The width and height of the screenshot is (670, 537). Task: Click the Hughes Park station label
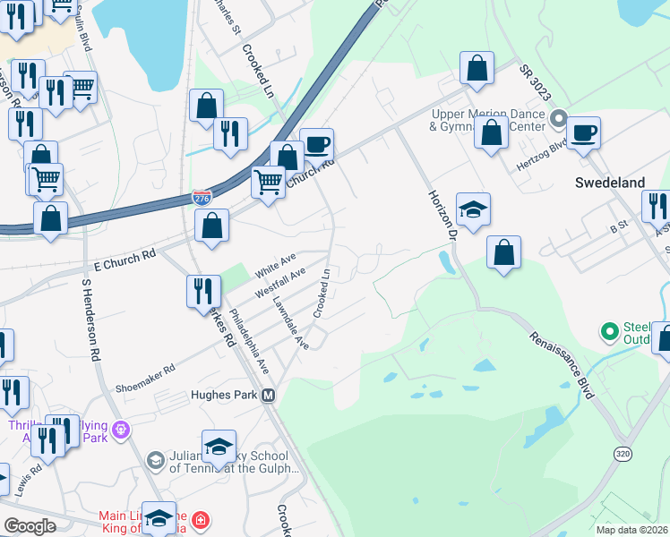pyautogui.click(x=224, y=395)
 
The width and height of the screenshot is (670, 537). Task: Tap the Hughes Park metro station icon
pyautogui.click(x=268, y=396)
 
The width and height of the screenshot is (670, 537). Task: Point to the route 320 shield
pyautogui.click(x=623, y=454)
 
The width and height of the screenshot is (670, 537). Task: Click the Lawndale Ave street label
pyautogui.click(x=290, y=323)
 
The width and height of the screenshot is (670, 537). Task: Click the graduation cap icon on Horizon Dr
pyautogui.click(x=473, y=211)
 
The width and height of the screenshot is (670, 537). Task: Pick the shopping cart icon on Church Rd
pyautogui.click(x=268, y=183)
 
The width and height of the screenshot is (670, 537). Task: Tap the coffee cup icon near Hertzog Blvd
pyautogui.click(x=583, y=134)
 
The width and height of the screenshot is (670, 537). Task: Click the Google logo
pyautogui.click(x=30, y=526)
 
